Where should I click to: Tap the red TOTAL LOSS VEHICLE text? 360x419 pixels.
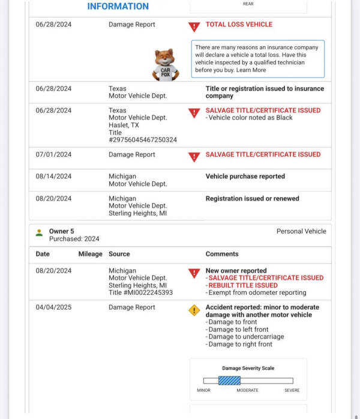(x=239, y=25)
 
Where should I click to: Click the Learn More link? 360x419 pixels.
(x=251, y=70)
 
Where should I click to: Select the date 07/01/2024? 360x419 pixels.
(x=53, y=155)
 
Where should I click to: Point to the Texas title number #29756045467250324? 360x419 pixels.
(x=143, y=140)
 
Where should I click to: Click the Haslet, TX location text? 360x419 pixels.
(x=124, y=125)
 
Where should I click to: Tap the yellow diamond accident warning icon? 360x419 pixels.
(x=194, y=310)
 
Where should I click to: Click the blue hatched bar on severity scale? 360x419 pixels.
(x=229, y=381)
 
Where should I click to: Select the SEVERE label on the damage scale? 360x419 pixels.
(x=292, y=390)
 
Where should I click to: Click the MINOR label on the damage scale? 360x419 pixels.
(x=203, y=390)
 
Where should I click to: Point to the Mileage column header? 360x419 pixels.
(x=90, y=254)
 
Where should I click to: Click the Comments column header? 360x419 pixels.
(x=222, y=254)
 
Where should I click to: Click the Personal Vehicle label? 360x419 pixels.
(x=301, y=231)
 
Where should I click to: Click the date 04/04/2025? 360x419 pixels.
(x=53, y=307)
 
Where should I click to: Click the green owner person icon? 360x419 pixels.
(x=39, y=232)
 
